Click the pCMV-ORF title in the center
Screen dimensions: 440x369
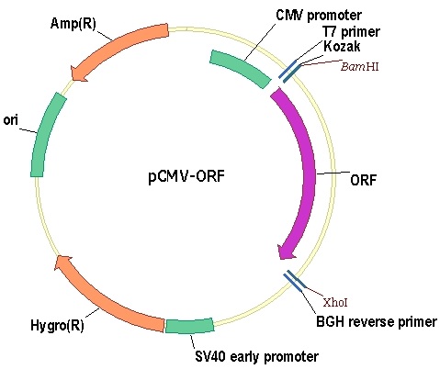pos(186,176)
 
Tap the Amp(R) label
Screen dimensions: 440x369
pos(73,23)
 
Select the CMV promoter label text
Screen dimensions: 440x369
pos(319,15)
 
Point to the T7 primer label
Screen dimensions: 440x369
pos(351,31)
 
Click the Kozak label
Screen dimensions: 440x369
pos(342,46)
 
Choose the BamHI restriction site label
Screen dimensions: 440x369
pos(360,66)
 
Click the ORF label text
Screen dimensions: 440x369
pos(363,180)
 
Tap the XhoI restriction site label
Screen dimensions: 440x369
pos(335,303)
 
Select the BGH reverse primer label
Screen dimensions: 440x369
pos(377,322)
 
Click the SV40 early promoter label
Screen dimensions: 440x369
pos(256,356)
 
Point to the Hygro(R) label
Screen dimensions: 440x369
pos(57,325)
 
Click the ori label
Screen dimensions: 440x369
pos(10,120)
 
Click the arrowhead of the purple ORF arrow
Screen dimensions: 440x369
pos(286,252)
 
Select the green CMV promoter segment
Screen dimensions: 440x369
pos(241,69)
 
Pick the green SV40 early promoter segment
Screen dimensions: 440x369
pos(189,326)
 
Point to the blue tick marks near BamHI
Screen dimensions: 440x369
pos(289,72)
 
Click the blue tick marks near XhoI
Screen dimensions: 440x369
pos(294,281)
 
